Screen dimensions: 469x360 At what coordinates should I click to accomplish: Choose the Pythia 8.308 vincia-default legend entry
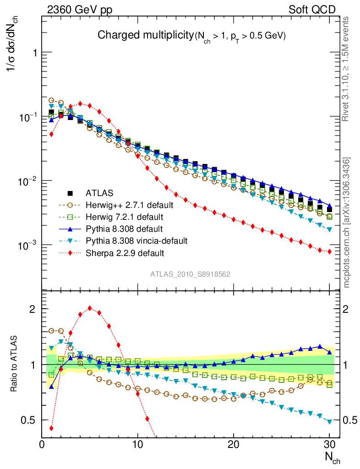click(x=130, y=240)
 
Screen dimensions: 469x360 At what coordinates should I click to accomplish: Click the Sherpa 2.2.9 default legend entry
click(x=118, y=252)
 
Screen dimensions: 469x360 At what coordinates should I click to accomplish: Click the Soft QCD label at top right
click(x=312, y=10)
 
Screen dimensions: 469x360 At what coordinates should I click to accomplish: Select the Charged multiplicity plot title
click(x=192, y=35)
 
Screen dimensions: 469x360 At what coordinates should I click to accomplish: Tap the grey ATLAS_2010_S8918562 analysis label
click(x=190, y=274)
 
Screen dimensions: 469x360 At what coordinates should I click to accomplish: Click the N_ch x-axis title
click(x=333, y=457)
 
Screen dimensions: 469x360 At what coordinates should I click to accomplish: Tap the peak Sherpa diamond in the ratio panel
click(x=90, y=308)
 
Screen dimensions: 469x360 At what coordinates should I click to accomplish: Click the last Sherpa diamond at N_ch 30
click(x=329, y=251)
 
